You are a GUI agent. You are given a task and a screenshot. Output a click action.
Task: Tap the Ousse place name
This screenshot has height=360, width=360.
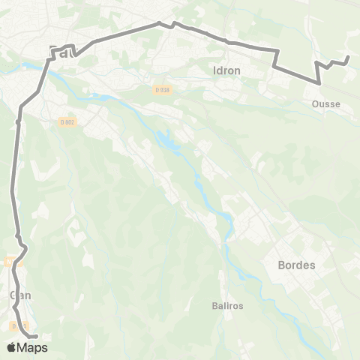click(326, 105)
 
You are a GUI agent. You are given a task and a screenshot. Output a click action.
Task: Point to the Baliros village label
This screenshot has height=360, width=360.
click(226, 305)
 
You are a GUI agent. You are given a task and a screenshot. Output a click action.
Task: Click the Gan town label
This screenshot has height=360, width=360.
click(19, 295)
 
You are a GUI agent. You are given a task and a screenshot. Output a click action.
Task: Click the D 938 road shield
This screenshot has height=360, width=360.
click(163, 90)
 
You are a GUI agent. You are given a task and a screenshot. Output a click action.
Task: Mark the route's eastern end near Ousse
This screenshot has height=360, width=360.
click(348, 57)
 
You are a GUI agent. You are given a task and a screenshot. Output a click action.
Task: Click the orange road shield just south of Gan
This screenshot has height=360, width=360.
click(15, 325)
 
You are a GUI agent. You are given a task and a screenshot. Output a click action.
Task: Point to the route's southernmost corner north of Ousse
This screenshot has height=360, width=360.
click(321, 85)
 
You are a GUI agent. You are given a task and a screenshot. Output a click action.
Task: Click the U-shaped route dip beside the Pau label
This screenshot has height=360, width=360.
click(75, 54)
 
